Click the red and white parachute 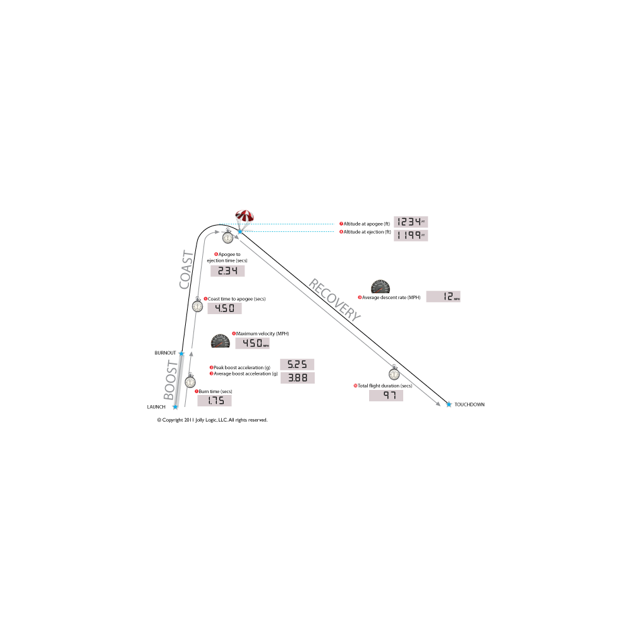pos(245,216)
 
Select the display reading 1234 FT pos(411,222)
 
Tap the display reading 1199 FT pos(411,235)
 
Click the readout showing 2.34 pos(228,271)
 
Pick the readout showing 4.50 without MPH pos(225,308)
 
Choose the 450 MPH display pos(252,343)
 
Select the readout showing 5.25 pos(297,365)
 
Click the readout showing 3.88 pos(297,377)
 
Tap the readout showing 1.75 pos(214,401)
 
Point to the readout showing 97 pos(386,396)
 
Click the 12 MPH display pos(443,297)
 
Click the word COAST pos(186,270)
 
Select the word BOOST pos(171,381)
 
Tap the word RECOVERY pos(334,300)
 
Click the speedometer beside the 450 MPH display pos(220,341)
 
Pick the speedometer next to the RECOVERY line pos(380,286)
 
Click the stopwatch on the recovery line pos(394,374)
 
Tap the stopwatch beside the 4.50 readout pos(198,306)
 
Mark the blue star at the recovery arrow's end pos(449,404)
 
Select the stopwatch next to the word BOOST pos(190,381)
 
